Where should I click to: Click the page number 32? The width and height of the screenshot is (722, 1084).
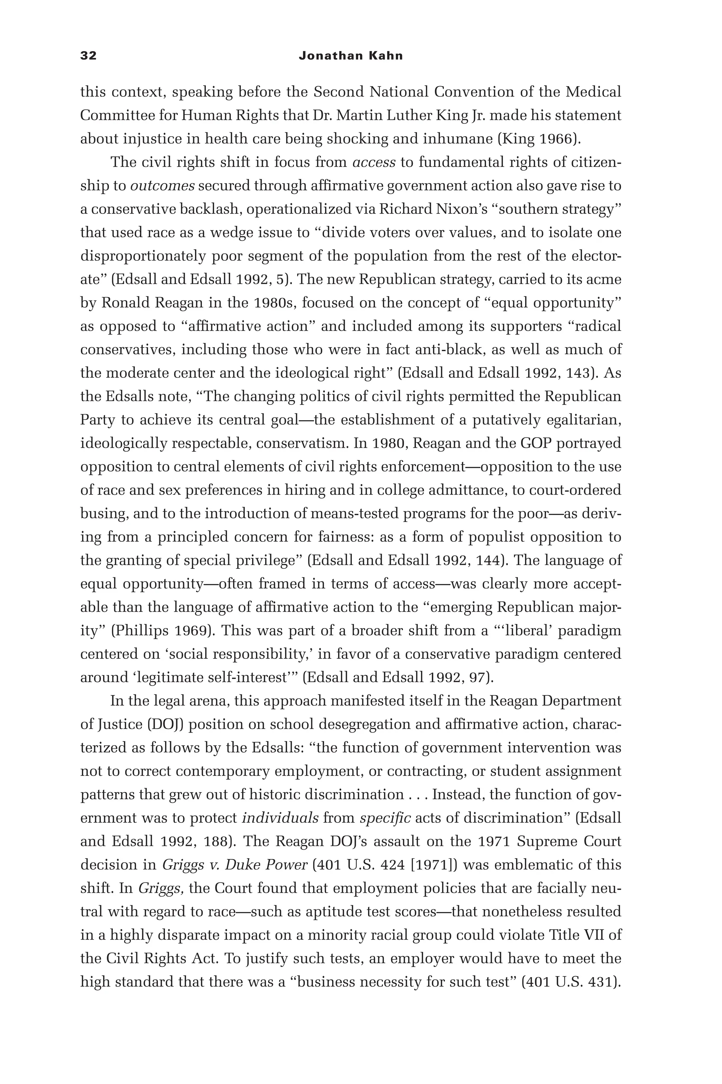click(88, 56)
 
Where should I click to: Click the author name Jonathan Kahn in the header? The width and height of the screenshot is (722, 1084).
click(350, 56)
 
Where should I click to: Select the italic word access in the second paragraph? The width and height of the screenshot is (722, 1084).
click(373, 162)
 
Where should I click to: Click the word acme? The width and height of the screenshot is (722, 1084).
click(604, 279)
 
